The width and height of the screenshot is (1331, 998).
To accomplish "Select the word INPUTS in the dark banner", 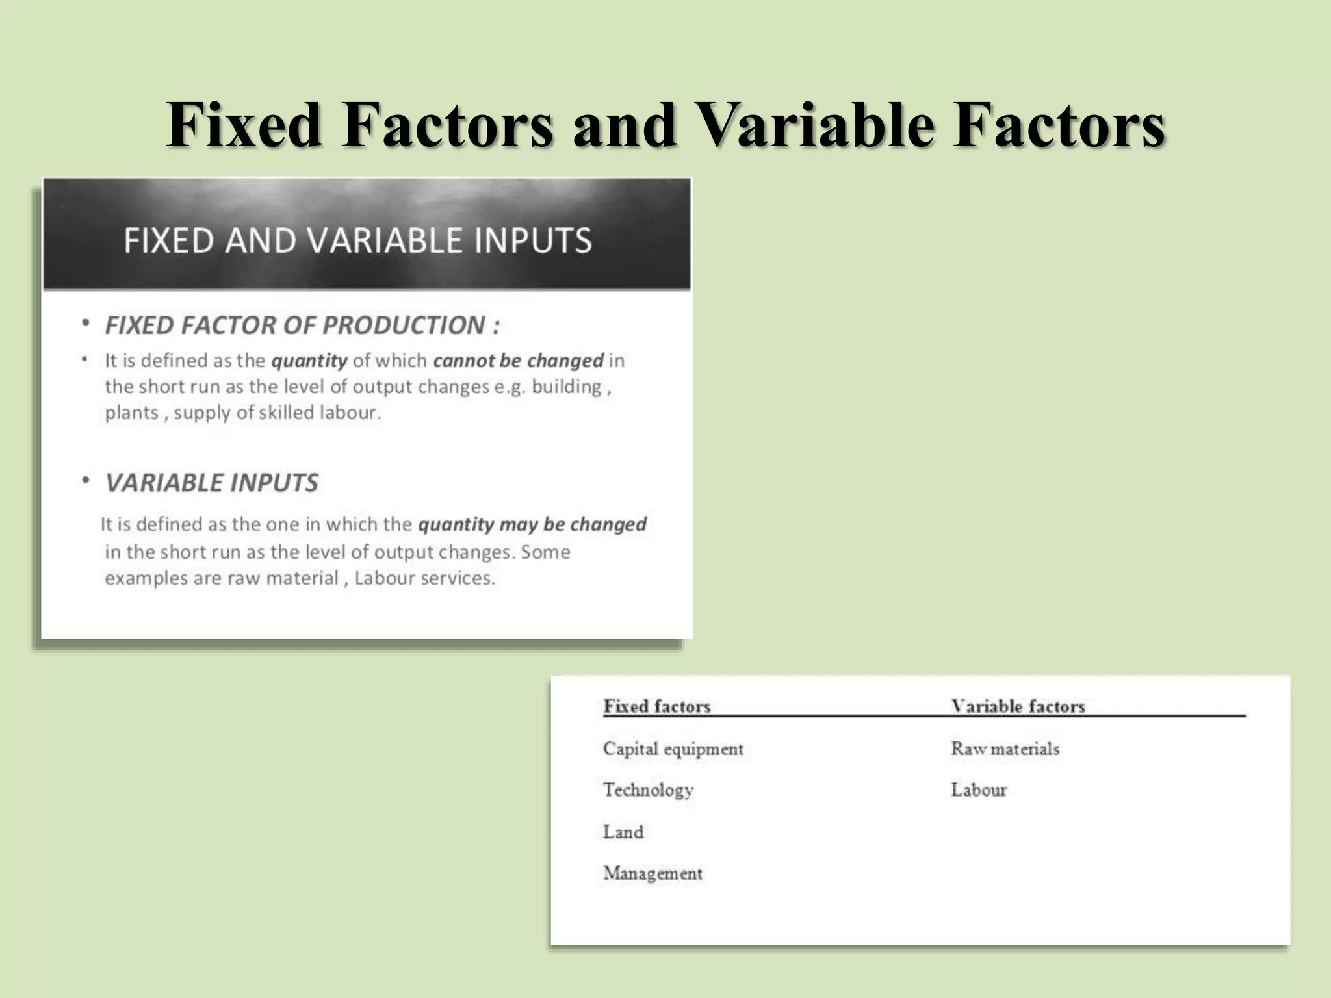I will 532,240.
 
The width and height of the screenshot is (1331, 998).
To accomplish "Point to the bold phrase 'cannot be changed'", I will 518,361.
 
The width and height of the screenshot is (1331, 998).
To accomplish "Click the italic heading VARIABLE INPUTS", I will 212,483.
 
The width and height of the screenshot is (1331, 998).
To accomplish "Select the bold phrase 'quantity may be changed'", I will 532,524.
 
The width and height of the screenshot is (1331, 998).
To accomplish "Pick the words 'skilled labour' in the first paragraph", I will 318,413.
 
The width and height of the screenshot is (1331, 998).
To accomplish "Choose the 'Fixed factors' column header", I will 656,706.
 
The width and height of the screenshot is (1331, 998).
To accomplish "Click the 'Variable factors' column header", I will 1018,706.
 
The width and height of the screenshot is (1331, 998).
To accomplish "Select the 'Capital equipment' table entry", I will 673,748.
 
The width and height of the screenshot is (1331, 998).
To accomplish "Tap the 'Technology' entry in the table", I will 648,790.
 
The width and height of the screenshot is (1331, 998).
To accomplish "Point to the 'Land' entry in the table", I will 623,832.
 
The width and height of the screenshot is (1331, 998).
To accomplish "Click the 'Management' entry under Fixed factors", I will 653,873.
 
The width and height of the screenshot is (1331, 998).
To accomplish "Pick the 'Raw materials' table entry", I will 1005,748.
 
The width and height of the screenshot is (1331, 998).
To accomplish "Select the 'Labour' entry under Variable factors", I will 979,790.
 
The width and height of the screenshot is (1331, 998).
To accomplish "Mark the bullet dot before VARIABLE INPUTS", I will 85,481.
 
